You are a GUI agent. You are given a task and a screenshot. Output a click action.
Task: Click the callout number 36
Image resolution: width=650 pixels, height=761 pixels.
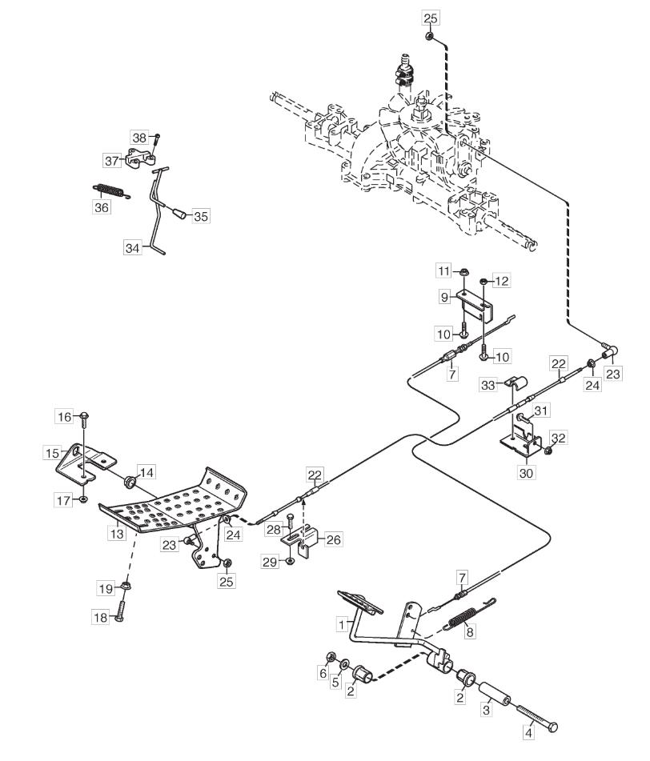click(102, 207)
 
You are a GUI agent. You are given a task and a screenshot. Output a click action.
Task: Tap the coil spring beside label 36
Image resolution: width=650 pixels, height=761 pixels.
click(111, 190)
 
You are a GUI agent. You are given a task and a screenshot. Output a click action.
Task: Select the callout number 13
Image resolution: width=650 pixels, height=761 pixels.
click(117, 534)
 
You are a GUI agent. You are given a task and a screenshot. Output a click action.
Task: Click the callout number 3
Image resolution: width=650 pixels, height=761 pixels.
click(486, 710)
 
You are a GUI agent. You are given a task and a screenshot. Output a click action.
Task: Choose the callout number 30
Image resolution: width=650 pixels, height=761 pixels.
click(526, 473)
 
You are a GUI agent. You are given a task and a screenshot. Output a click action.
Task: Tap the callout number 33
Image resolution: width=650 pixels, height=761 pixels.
click(487, 386)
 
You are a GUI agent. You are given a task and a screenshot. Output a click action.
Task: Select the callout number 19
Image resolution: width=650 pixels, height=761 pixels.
click(106, 589)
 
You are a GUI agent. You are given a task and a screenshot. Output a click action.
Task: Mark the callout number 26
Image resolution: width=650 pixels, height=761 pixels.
click(334, 539)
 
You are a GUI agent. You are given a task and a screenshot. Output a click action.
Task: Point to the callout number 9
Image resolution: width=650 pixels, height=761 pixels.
click(444, 297)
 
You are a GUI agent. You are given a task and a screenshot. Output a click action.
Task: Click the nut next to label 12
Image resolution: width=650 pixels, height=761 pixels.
click(484, 282)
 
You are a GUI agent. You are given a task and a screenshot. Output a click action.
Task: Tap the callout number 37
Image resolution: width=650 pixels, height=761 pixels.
click(111, 160)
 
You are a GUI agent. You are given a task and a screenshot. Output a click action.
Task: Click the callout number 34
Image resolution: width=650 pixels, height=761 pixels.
click(133, 248)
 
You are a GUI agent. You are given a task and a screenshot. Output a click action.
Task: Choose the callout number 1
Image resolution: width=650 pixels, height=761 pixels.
click(343, 624)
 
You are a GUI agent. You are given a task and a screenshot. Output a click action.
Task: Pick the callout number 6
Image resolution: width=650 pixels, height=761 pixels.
click(323, 673)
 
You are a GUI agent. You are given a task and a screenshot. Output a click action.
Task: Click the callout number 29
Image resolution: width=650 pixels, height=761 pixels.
click(270, 562)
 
